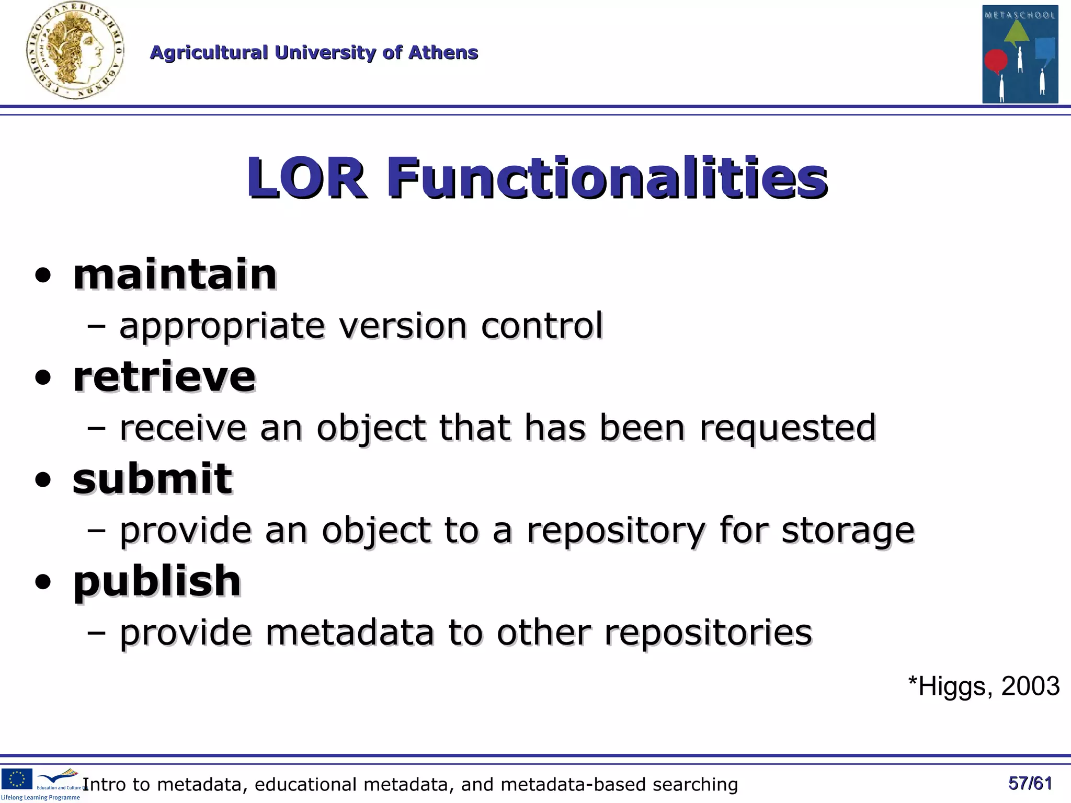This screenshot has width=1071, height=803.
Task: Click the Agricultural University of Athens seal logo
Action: [x=75, y=51]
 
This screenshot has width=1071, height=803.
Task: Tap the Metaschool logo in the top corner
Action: [x=1020, y=54]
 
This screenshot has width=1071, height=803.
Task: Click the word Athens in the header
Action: [x=443, y=53]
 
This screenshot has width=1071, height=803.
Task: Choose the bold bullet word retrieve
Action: [x=164, y=376]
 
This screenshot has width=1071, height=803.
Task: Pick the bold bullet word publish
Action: [x=157, y=581]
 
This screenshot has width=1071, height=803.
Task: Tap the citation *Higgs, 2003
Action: [x=983, y=686]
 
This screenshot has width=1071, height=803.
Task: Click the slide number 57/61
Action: [x=1030, y=783]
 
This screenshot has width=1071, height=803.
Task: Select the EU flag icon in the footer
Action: [x=17, y=779]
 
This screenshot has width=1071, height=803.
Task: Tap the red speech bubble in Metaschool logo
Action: [x=995, y=61]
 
